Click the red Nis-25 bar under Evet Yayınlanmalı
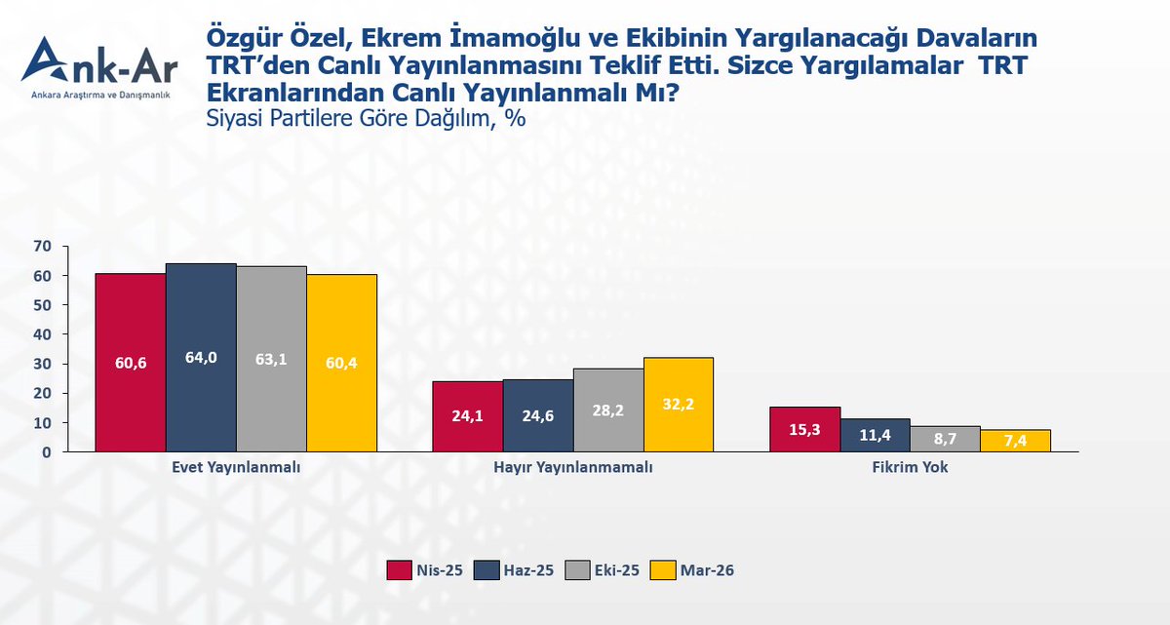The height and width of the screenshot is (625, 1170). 130,362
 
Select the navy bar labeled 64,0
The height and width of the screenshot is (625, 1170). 201,357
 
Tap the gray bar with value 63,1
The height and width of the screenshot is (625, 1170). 271,359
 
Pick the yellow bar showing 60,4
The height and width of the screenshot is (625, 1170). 342,363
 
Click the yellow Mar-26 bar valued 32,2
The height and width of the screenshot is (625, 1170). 679,404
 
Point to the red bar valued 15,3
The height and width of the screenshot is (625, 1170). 804,429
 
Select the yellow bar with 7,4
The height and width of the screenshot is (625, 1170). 1016,441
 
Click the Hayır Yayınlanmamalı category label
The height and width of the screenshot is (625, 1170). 573,468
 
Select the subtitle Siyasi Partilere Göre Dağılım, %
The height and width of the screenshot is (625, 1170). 366,118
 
